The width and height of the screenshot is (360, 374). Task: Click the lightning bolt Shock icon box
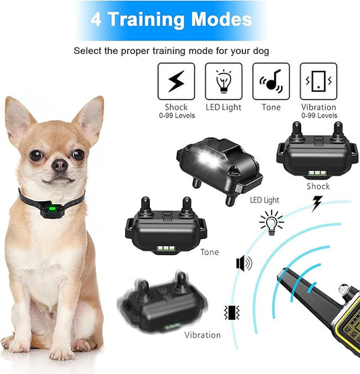point(176,81)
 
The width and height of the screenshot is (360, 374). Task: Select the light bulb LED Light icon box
point(223,81)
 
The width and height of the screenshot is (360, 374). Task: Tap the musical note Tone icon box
point(270,81)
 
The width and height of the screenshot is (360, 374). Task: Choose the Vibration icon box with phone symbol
point(317,81)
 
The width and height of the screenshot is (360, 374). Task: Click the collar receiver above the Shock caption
point(316,155)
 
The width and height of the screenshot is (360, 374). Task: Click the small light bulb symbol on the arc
point(272,221)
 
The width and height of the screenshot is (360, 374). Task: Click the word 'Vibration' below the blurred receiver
point(202,335)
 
